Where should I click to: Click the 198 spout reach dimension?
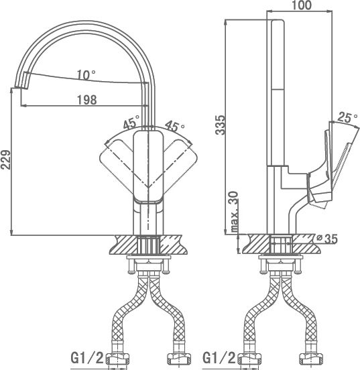pyautogui.click(x=87, y=100)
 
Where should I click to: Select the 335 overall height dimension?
pyautogui.click(x=221, y=125)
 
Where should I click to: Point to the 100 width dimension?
pyautogui.click(x=302, y=5)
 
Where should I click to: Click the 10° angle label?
pyautogui.click(x=86, y=75)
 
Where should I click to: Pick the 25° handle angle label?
pyautogui.click(x=347, y=117)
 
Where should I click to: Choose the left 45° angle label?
pyautogui.click(x=131, y=122)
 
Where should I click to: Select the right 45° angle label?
pyautogui.click(x=174, y=126)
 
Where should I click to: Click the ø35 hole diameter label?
pyautogui.click(x=327, y=239)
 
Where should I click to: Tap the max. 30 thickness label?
pyautogui.click(x=234, y=211)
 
